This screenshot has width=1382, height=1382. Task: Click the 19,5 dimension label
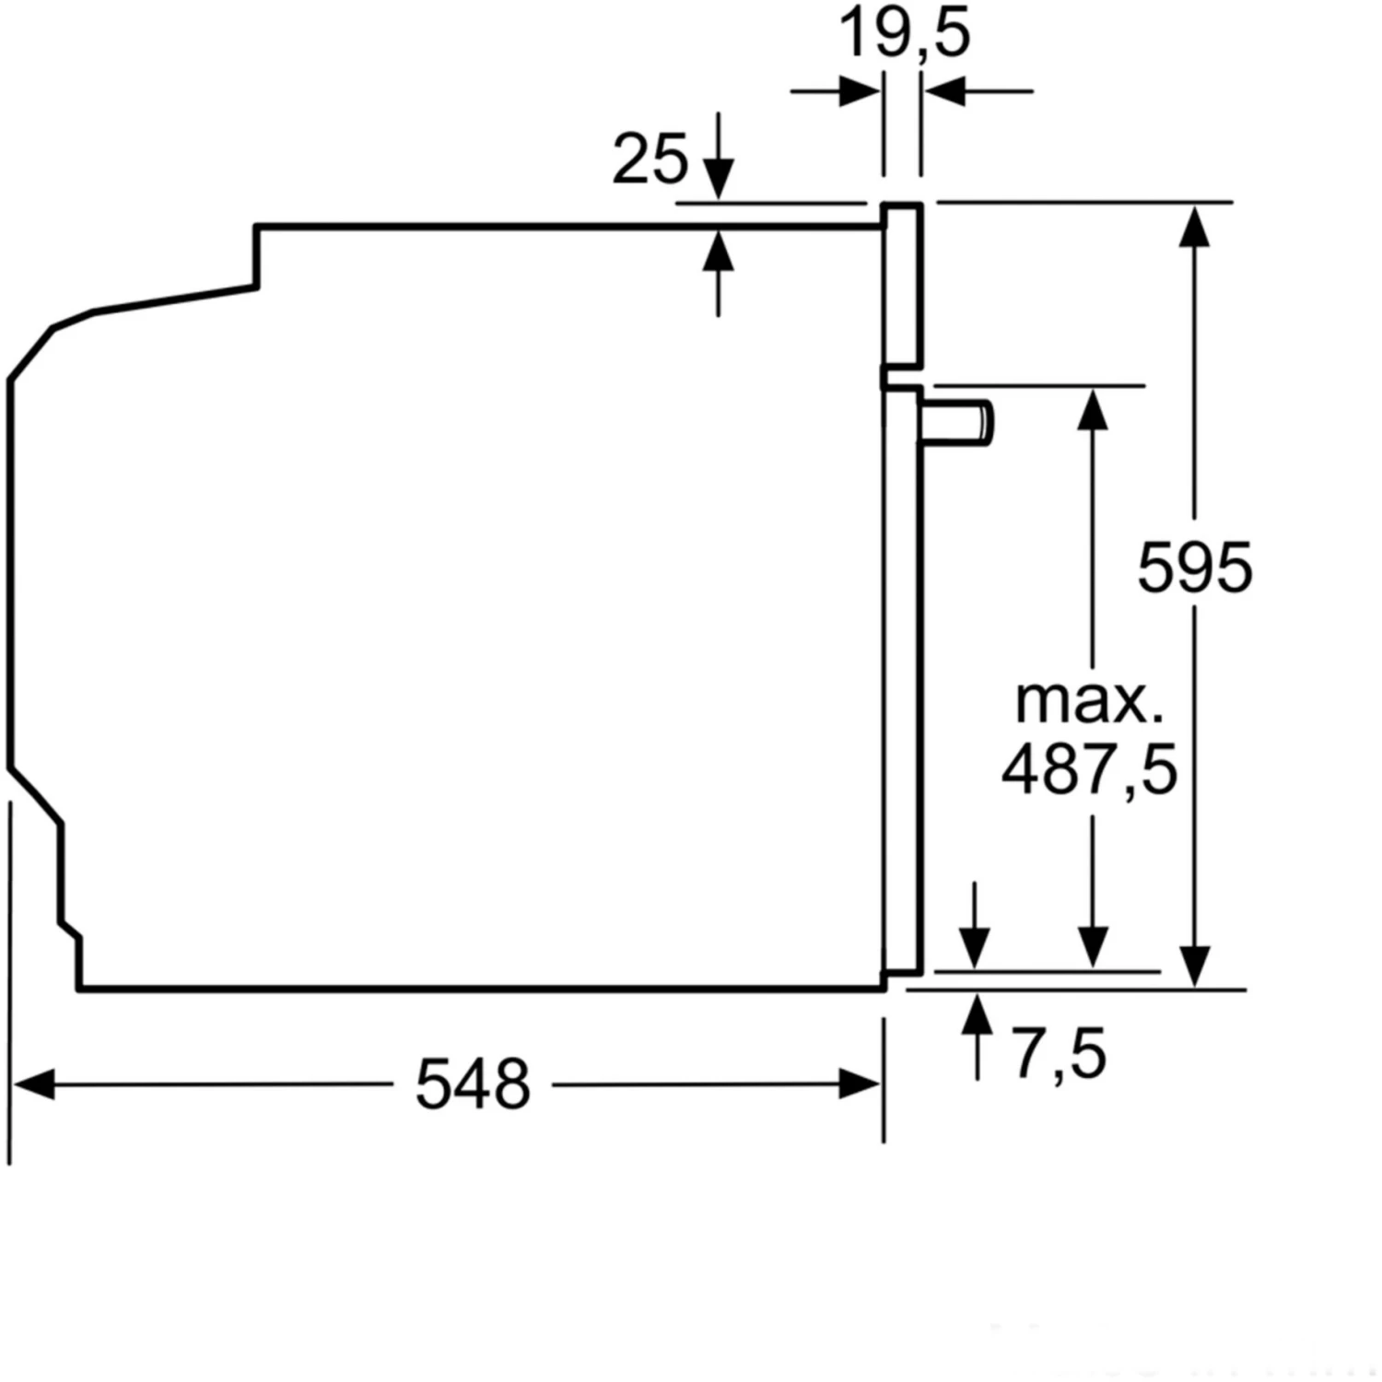905,33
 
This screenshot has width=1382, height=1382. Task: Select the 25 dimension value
650,158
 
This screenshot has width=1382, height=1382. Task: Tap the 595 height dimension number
1195,568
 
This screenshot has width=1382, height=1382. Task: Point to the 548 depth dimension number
473,1084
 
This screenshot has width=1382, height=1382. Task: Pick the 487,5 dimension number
1089,769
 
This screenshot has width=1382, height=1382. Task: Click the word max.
1089,702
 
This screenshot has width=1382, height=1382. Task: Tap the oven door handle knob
958,423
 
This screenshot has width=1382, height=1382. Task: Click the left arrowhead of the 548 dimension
33,1084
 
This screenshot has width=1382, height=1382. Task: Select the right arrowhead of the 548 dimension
861,1084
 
